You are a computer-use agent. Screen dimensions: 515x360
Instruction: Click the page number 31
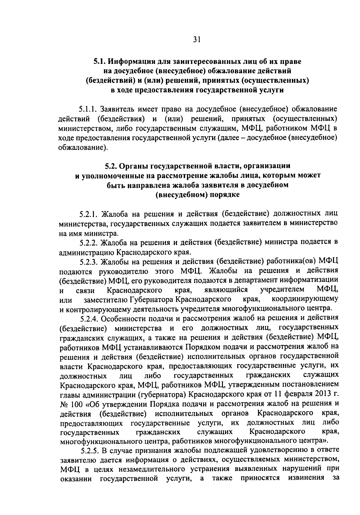click(196, 40)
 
